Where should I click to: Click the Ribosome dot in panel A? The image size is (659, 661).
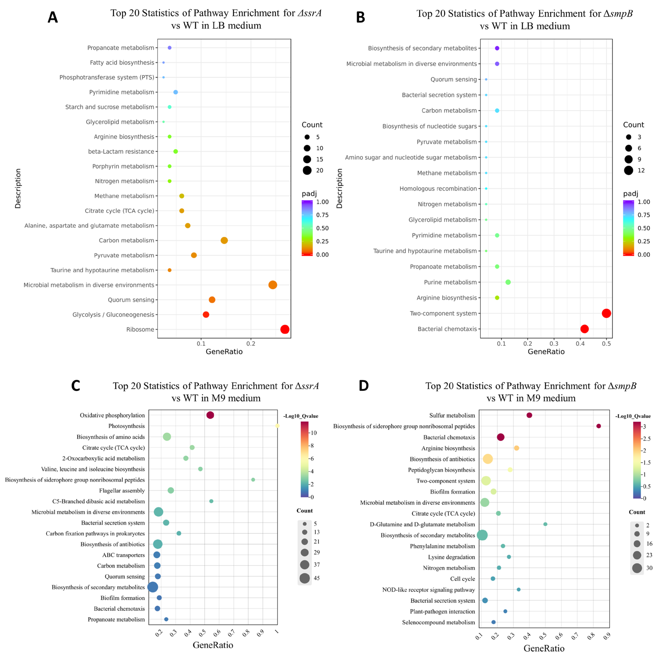pos(285,329)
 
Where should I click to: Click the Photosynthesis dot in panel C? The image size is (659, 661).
pos(277,426)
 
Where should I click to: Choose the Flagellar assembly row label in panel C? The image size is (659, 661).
pos(122,491)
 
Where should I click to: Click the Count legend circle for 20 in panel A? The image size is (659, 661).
pos(307,170)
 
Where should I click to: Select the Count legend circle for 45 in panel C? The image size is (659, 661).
pos(305,578)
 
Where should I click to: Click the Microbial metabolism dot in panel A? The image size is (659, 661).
pos(273,285)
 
